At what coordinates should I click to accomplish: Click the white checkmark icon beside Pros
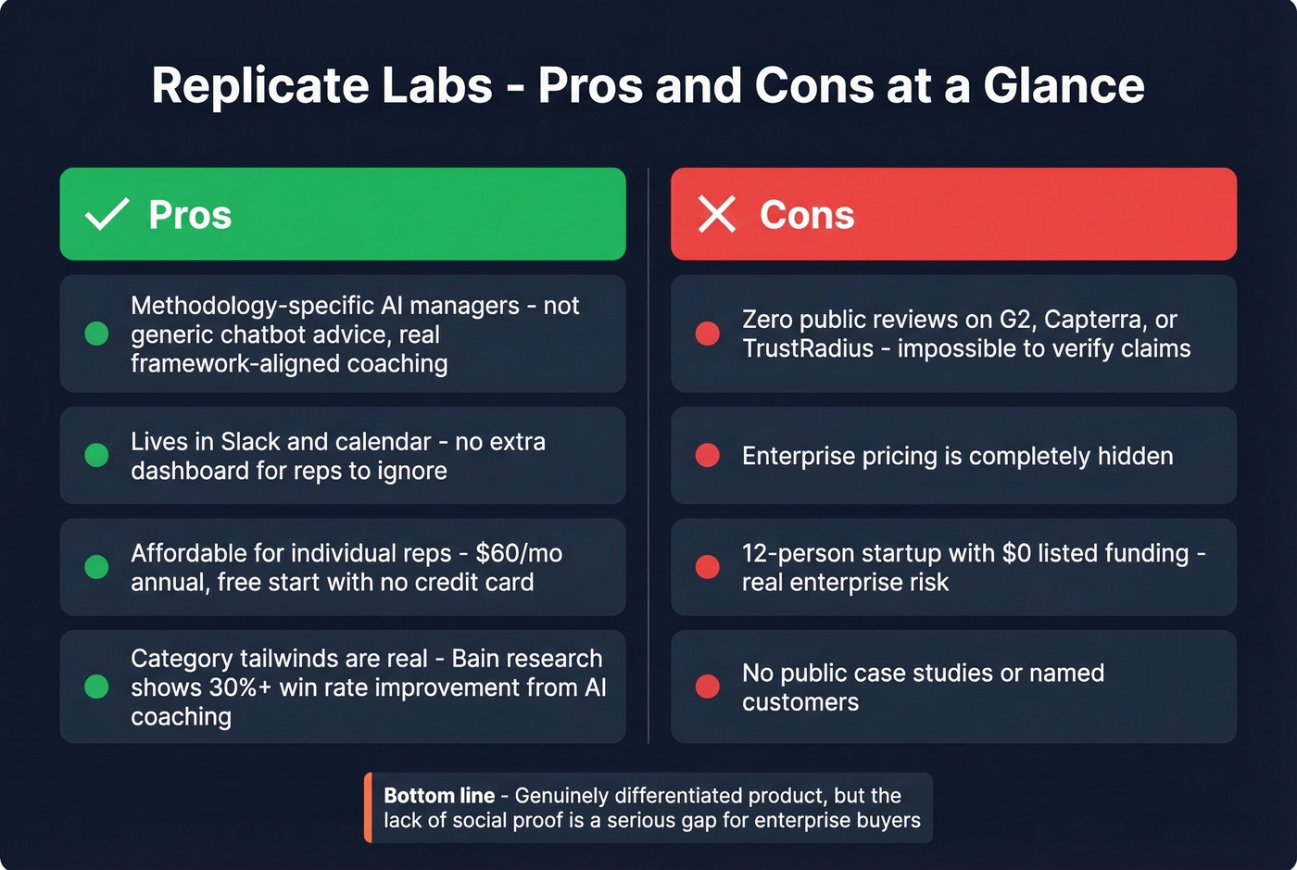(107, 214)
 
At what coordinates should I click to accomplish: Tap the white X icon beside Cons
(717, 214)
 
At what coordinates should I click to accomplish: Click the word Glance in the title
(1064, 85)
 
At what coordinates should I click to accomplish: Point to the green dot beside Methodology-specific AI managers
(96, 334)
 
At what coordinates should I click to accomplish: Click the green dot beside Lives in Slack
(96, 455)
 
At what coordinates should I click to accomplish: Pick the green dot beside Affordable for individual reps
(96, 567)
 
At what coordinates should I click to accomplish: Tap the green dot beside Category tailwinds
(96, 687)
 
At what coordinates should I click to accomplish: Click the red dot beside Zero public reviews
(708, 334)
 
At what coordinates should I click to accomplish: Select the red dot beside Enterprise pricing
(708, 455)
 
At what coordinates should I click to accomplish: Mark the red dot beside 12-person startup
(708, 567)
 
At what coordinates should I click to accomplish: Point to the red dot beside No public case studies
(708, 687)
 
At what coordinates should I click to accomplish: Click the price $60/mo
(519, 553)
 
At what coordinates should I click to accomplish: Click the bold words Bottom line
(439, 795)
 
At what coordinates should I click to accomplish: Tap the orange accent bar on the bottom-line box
(368, 807)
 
